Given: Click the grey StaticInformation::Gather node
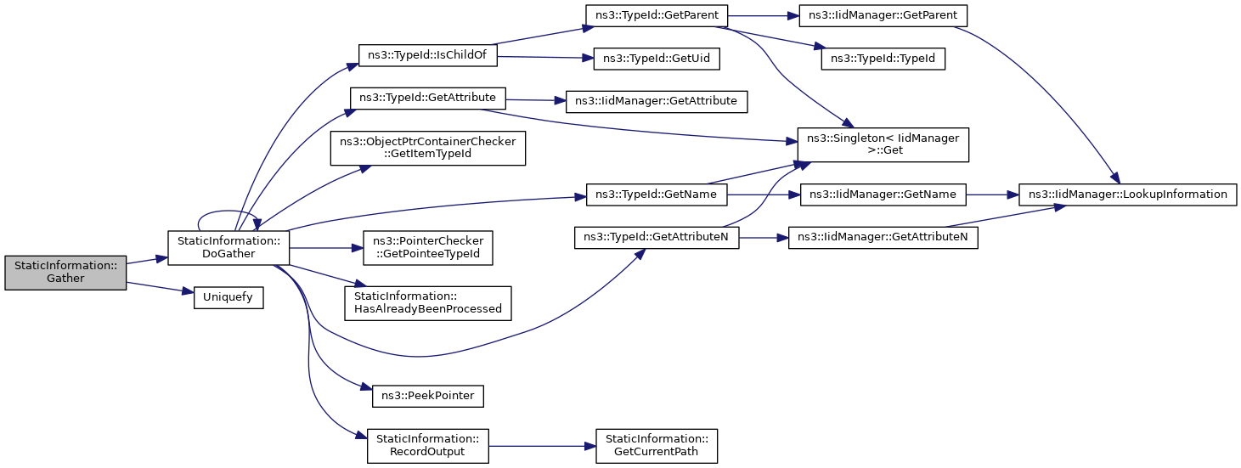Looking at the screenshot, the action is click(65, 273).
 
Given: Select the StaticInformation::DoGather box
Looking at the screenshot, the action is click(228, 247).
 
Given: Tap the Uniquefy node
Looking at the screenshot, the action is click(228, 297).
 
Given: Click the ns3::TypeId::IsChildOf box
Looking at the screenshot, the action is click(428, 55).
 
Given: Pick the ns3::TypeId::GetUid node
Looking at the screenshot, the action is click(657, 59).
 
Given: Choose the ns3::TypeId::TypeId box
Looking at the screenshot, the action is click(883, 59).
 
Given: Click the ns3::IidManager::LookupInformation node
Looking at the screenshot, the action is click(1127, 195).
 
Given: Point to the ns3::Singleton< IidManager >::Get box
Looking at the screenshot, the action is click(883, 144).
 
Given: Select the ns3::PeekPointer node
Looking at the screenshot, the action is click(428, 396).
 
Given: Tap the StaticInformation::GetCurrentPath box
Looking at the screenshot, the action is click(657, 446).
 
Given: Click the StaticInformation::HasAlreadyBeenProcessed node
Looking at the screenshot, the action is click(428, 303).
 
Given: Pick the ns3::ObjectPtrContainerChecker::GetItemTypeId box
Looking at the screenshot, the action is click(428, 148).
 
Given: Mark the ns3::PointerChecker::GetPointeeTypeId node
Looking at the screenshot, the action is click(428, 247).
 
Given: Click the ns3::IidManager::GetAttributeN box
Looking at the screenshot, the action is click(883, 238).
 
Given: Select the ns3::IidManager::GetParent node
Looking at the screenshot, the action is click(883, 15).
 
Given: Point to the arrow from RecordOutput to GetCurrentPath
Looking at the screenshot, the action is click(543, 446).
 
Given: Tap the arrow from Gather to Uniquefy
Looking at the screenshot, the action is click(160, 288).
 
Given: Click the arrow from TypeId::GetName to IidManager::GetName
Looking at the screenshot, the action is click(764, 195).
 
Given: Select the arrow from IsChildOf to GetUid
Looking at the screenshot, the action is click(545, 57).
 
